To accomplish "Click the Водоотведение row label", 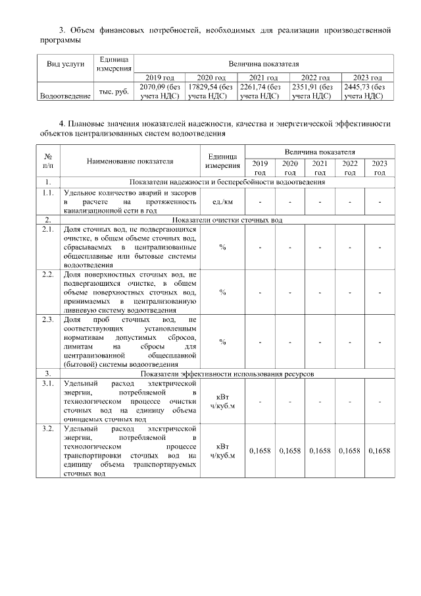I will [65, 96].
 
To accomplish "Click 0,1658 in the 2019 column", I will [260, 450].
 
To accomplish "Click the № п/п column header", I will [47, 161].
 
